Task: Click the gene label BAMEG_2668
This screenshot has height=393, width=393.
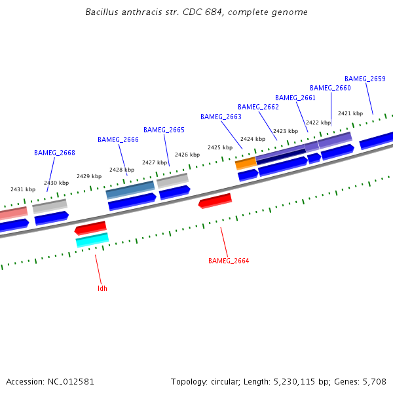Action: tap(54, 153)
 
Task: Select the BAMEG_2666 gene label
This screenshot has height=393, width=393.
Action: tap(118, 140)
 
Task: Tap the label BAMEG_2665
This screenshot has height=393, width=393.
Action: tap(164, 130)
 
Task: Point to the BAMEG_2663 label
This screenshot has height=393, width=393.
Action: tap(221, 117)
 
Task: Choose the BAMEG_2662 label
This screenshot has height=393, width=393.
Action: tap(258, 107)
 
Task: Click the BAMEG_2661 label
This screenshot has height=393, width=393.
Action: tap(295, 98)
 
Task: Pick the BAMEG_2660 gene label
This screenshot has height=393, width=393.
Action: tap(330, 88)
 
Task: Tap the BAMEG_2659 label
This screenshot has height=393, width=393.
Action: tap(365, 79)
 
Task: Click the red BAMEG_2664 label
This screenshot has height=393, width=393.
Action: tap(229, 261)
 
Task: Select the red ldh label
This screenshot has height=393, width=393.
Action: tap(102, 288)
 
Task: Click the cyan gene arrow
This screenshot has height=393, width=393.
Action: tap(92, 240)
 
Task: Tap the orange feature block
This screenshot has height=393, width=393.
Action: tap(246, 162)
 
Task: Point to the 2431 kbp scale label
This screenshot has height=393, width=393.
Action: tap(23, 189)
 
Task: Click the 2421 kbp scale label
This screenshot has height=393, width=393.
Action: tap(350, 113)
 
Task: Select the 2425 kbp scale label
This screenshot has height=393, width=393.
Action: tap(220, 147)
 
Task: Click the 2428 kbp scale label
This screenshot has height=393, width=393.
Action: tap(122, 170)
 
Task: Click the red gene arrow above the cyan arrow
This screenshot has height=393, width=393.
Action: tap(90, 227)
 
